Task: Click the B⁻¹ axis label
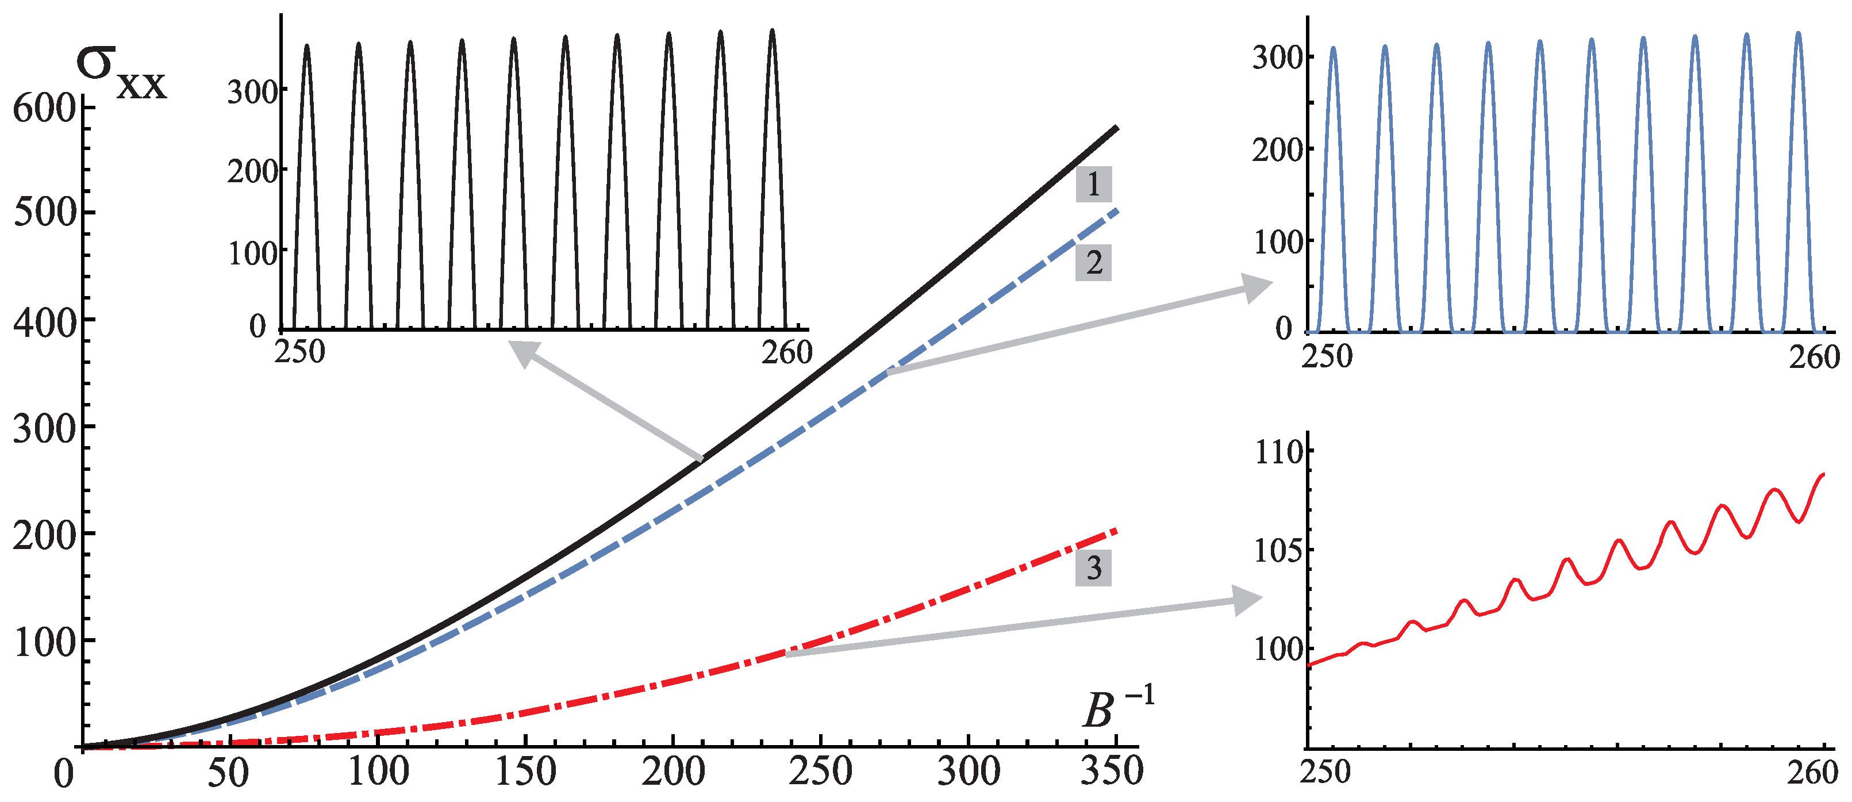click(1116, 708)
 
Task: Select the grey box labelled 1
click(1093, 184)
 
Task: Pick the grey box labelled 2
click(1093, 263)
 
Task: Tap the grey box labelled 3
click(1093, 567)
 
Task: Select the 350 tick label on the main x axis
click(1112, 771)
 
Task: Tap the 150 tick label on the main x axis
click(525, 771)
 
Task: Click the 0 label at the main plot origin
click(64, 774)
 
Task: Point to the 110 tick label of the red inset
click(1278, 452)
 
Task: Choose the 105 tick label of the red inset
click(1278, 551)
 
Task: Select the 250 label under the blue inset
click(1327, 356)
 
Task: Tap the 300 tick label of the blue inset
click(1278, 57)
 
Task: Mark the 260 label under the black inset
click(786, 352)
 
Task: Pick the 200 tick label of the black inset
click(252, 171)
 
